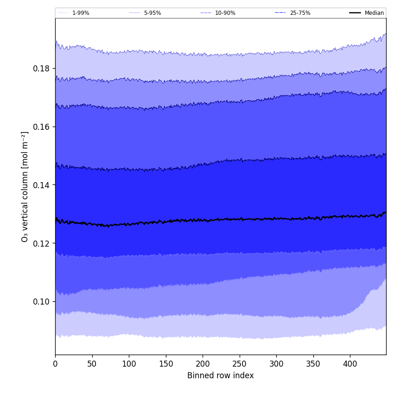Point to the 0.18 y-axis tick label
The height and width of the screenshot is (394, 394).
41,69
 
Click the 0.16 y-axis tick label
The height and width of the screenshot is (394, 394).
41,127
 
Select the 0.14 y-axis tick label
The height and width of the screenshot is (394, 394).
41,185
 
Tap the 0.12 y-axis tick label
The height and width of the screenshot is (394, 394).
41,243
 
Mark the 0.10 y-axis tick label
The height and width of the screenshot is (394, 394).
41,302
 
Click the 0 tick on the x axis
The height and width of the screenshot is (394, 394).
55,364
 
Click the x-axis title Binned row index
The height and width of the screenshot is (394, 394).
221,376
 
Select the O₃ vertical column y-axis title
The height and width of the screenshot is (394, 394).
25,186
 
